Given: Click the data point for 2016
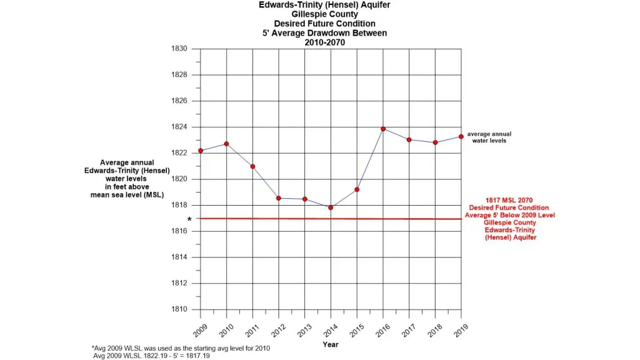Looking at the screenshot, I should point(383,129).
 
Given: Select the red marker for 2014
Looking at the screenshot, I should point(331,207).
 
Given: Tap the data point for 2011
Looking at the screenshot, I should point(252,166).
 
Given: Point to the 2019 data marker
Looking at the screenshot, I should point(461,136).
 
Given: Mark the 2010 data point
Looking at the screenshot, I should point(226,144).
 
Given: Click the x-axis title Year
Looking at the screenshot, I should point(331,344).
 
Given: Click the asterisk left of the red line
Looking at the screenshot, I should point(189,220).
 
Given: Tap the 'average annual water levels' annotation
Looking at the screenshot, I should point(489,137).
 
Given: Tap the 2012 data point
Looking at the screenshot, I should point(279,198).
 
